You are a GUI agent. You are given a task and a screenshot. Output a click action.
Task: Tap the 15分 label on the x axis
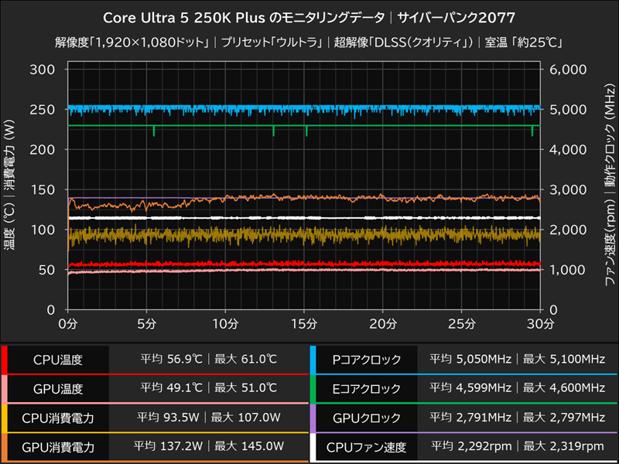tap(305, 322)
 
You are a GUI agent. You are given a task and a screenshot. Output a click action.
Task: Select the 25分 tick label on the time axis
tap(462, 322)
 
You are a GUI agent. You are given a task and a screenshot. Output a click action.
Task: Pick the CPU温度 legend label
tap(57, 360)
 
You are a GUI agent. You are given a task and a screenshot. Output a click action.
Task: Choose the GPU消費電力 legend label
tap(57, 446)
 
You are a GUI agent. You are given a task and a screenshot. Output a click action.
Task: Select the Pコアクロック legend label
tap(367, 360)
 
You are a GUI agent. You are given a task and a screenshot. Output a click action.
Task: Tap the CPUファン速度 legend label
tap(367, 446)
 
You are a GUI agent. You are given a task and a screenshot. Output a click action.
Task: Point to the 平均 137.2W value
tap(168, 446)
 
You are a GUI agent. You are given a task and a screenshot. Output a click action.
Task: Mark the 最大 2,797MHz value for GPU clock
tap(564, 418)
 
